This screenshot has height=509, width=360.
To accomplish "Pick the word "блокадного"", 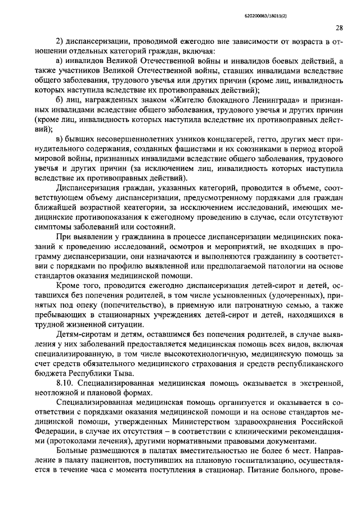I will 169,100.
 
